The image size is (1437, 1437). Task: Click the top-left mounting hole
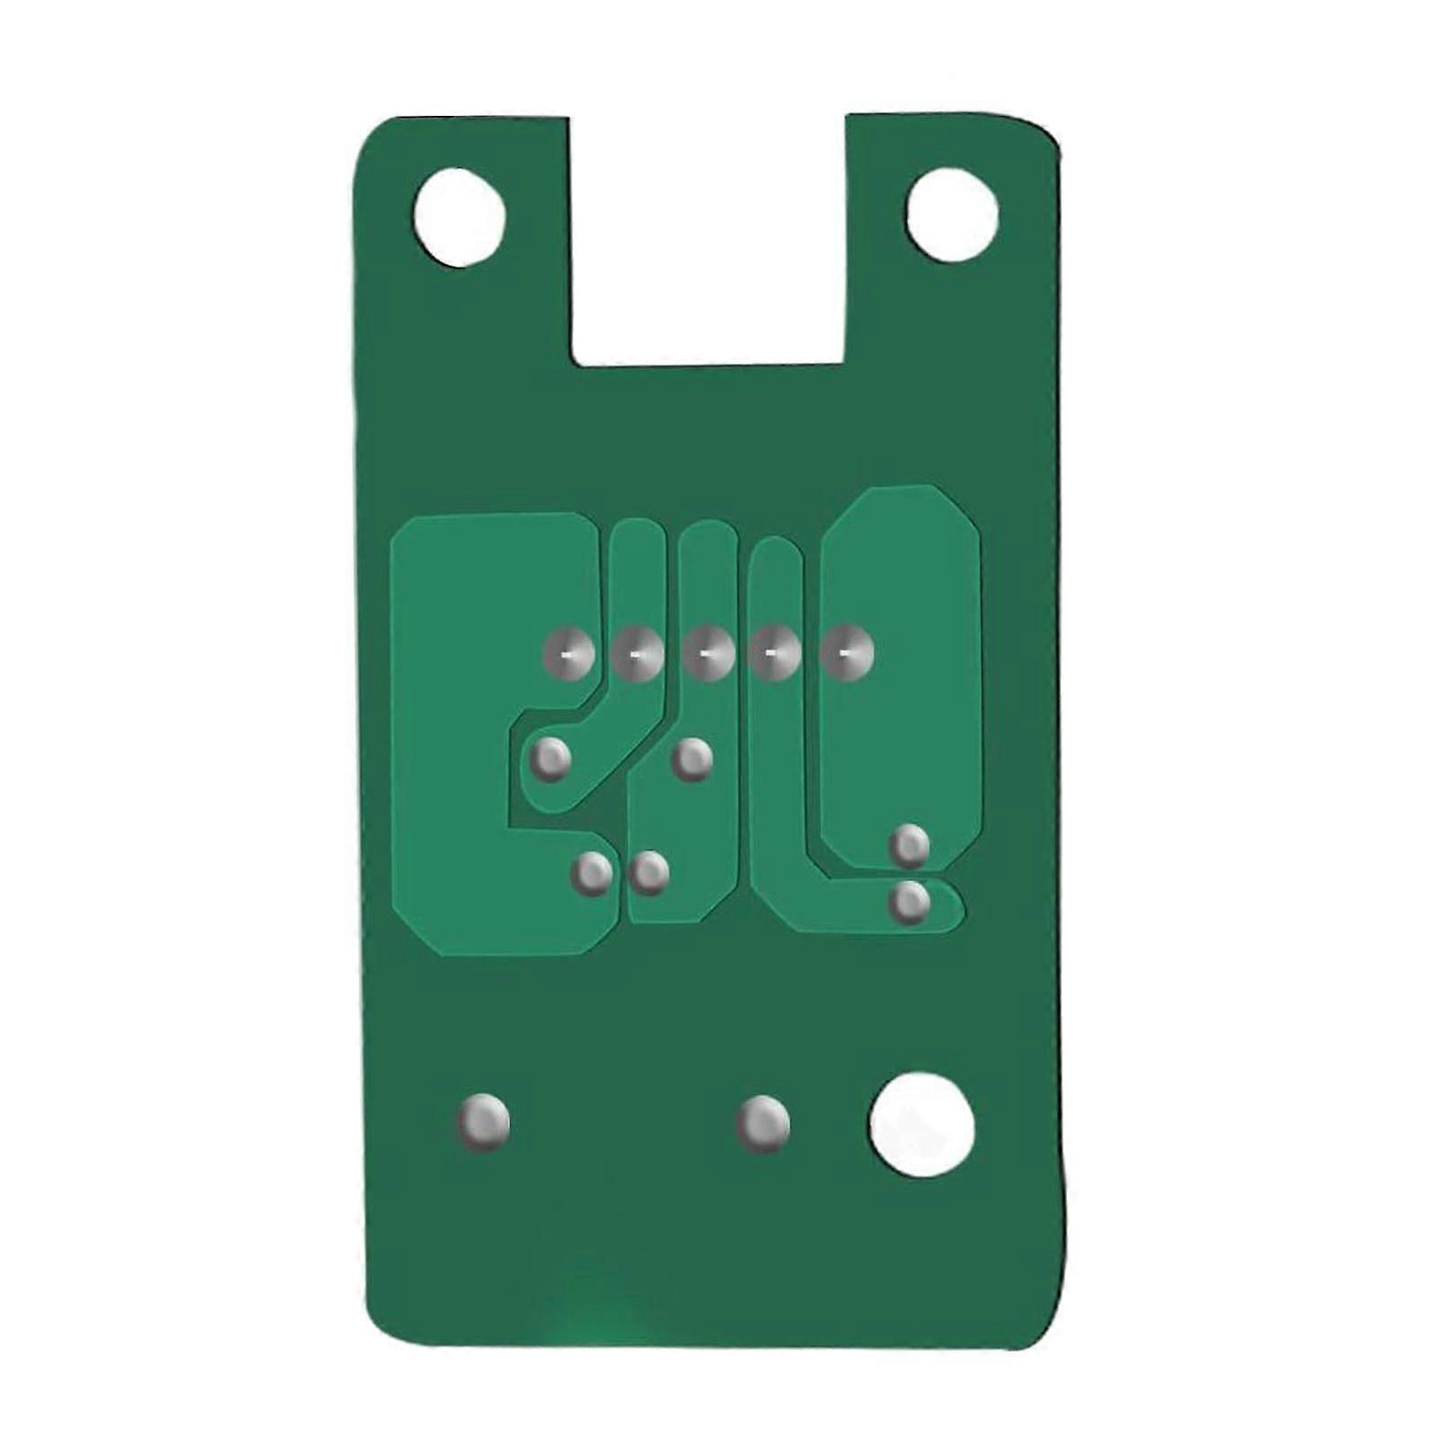coord(460,217)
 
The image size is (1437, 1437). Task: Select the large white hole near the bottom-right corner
coord(921,1124)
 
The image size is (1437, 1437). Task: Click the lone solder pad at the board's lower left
coord(483,1123)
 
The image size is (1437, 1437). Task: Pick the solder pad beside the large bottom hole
coord(763,1124)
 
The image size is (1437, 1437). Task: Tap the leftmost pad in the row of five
coord(569,653)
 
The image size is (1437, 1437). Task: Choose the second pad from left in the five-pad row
coord(638,653)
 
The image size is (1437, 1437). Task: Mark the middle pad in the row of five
coord(708,653)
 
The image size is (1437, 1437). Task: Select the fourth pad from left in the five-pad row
coord(776,653)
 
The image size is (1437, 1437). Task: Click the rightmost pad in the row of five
coord(846,653)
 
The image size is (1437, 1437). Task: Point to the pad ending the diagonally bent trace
coord(550,760)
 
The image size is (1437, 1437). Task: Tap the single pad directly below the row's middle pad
coord(692,760)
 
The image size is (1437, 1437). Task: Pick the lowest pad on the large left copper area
coord(592,872)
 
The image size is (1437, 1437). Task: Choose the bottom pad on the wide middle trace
coord(648,872)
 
